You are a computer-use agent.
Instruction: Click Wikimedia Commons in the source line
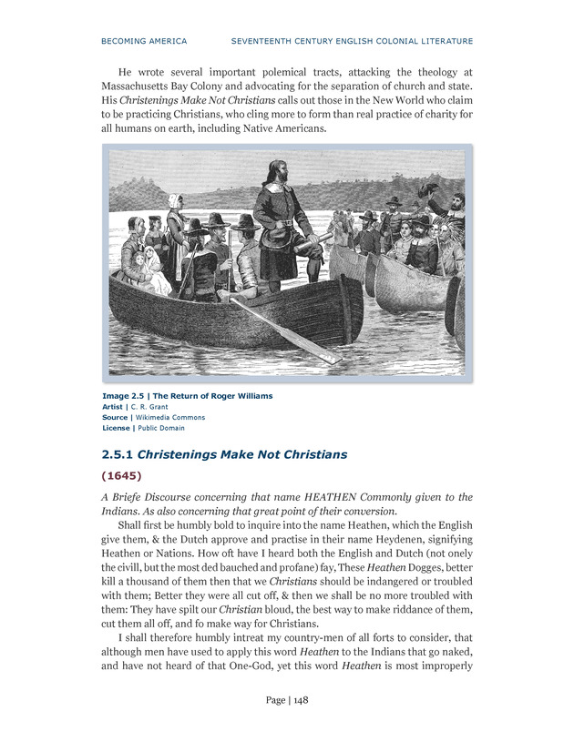tap(174, 417)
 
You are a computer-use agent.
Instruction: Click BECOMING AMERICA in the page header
tap(143, 41)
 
